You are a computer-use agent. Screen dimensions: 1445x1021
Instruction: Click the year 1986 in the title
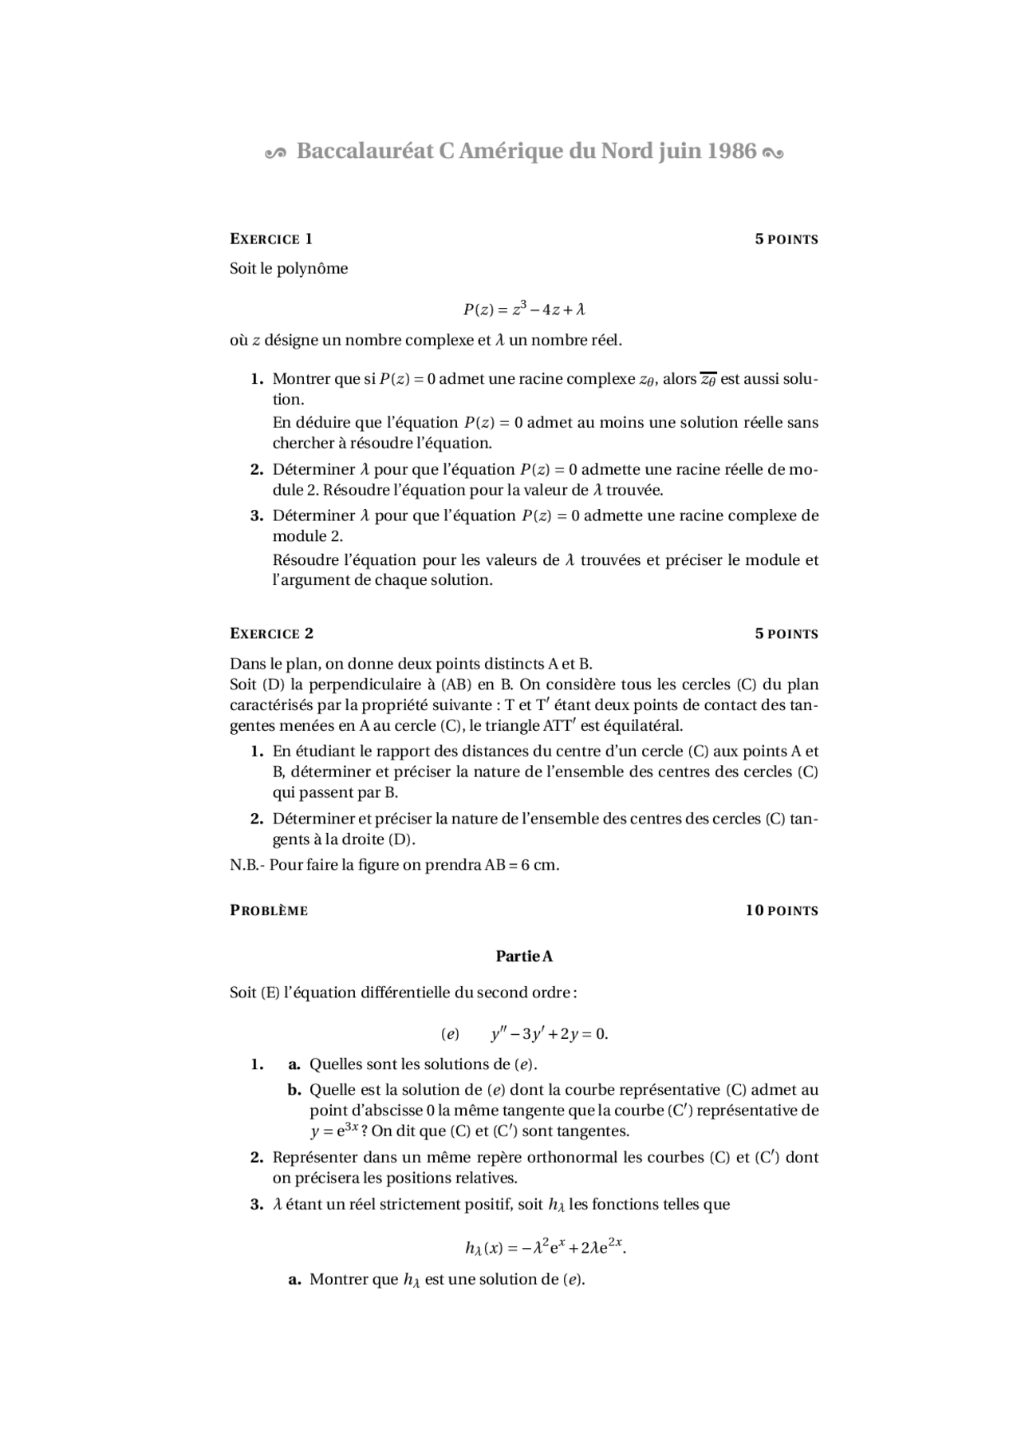tap(731, 151)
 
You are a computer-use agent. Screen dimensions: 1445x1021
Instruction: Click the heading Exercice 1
tap(270, 239)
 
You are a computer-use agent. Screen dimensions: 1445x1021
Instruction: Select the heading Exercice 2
tap(271, 634)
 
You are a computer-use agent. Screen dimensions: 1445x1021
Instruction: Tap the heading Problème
tap(269, 910)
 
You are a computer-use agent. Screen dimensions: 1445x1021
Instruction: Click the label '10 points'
tap(782, 910)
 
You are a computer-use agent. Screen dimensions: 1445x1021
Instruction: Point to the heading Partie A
tap(524, 956)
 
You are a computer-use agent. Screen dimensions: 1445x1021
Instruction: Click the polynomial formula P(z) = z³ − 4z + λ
tap(524, 309)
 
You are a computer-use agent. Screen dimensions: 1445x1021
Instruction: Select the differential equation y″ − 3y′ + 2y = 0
tap(549, 1034)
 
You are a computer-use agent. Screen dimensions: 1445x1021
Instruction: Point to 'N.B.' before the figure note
tap(244, 865)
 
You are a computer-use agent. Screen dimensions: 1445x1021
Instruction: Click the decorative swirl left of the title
tap(274, 153)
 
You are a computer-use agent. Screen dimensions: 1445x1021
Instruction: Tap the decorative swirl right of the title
tap(773, 153)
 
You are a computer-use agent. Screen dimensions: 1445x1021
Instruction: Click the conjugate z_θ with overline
tap(708, 380)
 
